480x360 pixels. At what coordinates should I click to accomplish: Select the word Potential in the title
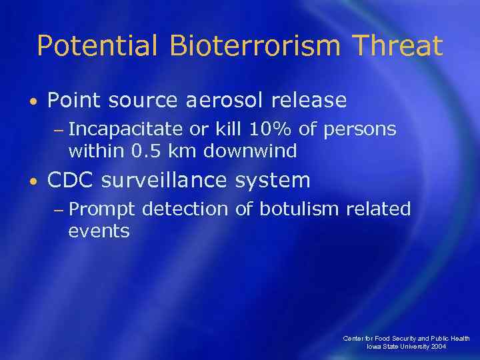click(97, 46)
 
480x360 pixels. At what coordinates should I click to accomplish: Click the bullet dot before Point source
click(34, 101)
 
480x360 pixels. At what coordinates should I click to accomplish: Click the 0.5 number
click(145, 151)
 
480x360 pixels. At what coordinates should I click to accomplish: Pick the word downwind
click(250, 151)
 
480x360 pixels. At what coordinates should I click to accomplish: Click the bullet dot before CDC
click(34, 181)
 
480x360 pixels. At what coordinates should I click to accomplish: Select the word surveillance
click(178, 181)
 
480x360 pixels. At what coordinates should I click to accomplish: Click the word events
click(99, 231)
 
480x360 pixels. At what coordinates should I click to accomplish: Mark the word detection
click(188, 209)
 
